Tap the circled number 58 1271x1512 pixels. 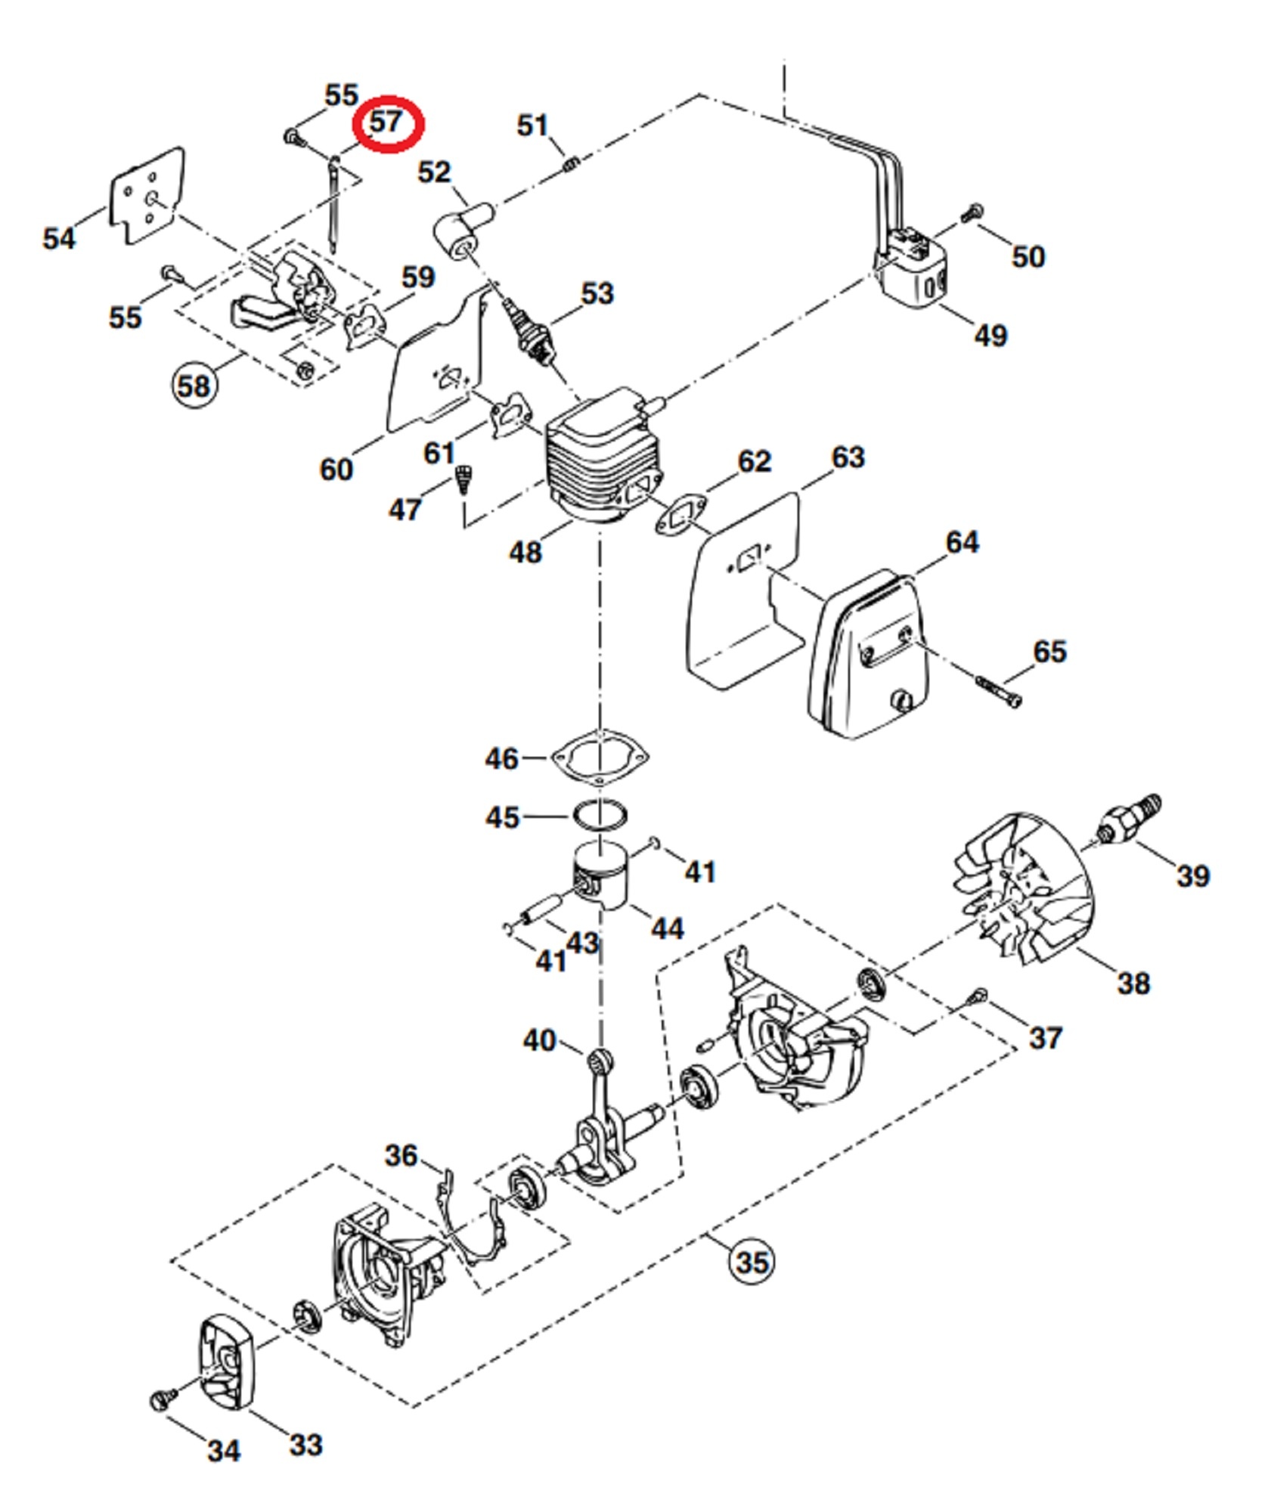click(193, 386)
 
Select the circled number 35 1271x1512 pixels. click(751, 1262)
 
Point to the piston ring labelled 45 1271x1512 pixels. click(600, 816)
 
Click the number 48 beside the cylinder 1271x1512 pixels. click(525, 552)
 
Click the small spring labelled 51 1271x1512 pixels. click(572, 163)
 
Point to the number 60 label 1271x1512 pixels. click(336, 469)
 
